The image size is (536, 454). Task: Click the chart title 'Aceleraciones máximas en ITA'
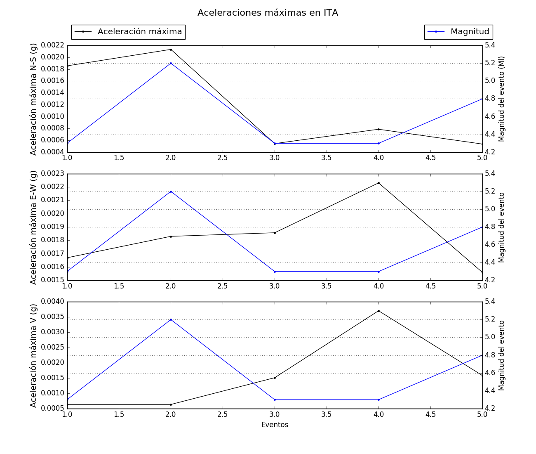point(268,13)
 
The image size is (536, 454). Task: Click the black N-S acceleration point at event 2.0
point(171,50)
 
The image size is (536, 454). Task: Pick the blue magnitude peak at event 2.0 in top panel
point(171,63)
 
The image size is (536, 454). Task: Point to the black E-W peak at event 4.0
point(378,183)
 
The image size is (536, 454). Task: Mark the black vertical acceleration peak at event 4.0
point(378,311)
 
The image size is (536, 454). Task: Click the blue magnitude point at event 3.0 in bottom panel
point(275,400)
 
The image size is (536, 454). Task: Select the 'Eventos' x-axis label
point(275,425)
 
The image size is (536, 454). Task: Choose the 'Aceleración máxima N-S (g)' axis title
point(33,99)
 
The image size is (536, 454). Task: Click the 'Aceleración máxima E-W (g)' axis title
point(33,227)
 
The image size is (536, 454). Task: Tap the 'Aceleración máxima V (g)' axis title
point(33,355)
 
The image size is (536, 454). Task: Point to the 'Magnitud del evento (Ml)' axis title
point(502,99)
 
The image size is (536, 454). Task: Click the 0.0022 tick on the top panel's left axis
point(53,45)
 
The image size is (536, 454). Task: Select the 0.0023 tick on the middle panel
point(53,174)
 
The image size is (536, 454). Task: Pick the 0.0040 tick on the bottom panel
point(53,302)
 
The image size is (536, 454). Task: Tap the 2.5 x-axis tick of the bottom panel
point(223,414)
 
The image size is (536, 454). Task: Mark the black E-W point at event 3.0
point(275,233)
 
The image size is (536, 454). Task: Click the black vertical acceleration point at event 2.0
point(171,404)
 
